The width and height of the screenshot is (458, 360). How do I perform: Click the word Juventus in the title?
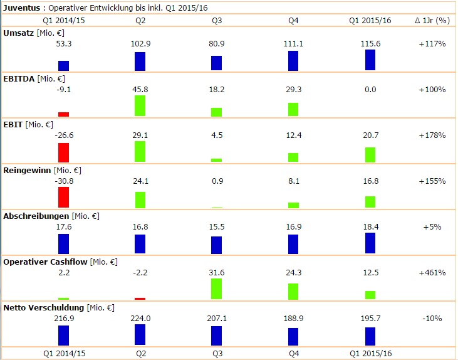[x=22, y=8]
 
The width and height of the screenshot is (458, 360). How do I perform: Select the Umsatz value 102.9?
[x=140, y=44]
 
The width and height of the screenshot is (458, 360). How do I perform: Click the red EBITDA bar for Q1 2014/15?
[x=63, y=114]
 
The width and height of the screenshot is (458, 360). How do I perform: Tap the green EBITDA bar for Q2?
[x=140, y=105]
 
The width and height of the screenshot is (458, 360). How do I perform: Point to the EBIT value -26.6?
[x=63, y=135]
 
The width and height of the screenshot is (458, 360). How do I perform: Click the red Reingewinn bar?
[x=63, y=197]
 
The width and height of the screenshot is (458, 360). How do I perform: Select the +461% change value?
[x=432, y=273]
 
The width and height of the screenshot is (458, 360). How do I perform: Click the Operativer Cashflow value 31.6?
[x=217, y=273]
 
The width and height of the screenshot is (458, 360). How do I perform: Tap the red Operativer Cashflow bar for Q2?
[x=140, y=299]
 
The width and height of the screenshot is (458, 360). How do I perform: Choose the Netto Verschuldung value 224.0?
[x=140, y=319]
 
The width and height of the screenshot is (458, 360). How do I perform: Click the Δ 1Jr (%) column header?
[x=432, y=21]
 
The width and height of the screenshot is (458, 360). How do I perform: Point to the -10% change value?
[x=432, y=319]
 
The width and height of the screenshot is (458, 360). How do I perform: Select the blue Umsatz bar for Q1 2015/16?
[x=370, y=60]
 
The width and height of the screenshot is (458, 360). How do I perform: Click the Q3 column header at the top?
[x=217, y=21]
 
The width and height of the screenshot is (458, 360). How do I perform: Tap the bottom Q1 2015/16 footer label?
[x=370, y=354]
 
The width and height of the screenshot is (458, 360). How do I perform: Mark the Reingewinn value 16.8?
[x=370, y=181]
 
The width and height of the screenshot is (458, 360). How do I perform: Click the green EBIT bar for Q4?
[x=293, y=157]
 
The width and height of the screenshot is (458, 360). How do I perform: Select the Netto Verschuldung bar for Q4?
[x=293, y=336]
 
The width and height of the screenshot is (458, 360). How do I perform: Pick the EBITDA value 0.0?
[x=370, y=90]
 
